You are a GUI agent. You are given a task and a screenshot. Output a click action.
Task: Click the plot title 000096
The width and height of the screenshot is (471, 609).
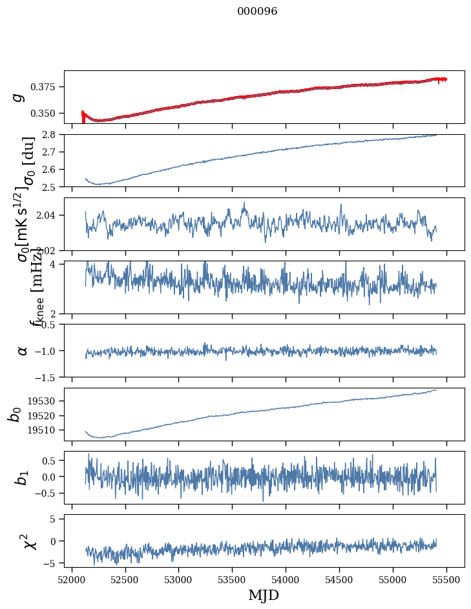pyautogui.click(x=257, y=12)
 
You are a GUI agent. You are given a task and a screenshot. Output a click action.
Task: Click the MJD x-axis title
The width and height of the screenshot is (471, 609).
pyautogui.click(x=264, y=595)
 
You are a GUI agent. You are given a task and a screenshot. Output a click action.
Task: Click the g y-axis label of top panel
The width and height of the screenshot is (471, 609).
pyautogui.click(x=19, y=97)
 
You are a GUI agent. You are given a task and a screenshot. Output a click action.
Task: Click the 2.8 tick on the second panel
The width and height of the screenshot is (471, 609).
pyautogui.click(x=52, y=135)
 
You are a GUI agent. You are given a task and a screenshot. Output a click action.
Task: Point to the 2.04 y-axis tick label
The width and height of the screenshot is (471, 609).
pyautogui.click(x=48, y=215)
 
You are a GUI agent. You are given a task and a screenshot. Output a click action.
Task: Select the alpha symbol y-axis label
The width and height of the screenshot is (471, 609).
pyautogui.click(x=23, y=350)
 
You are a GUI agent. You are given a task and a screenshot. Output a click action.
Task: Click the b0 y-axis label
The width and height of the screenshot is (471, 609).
pyautogui.click(x=15, y=414)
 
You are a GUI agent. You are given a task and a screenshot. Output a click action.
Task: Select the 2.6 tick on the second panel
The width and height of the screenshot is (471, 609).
pyautogui.click(x=52, y=170)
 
